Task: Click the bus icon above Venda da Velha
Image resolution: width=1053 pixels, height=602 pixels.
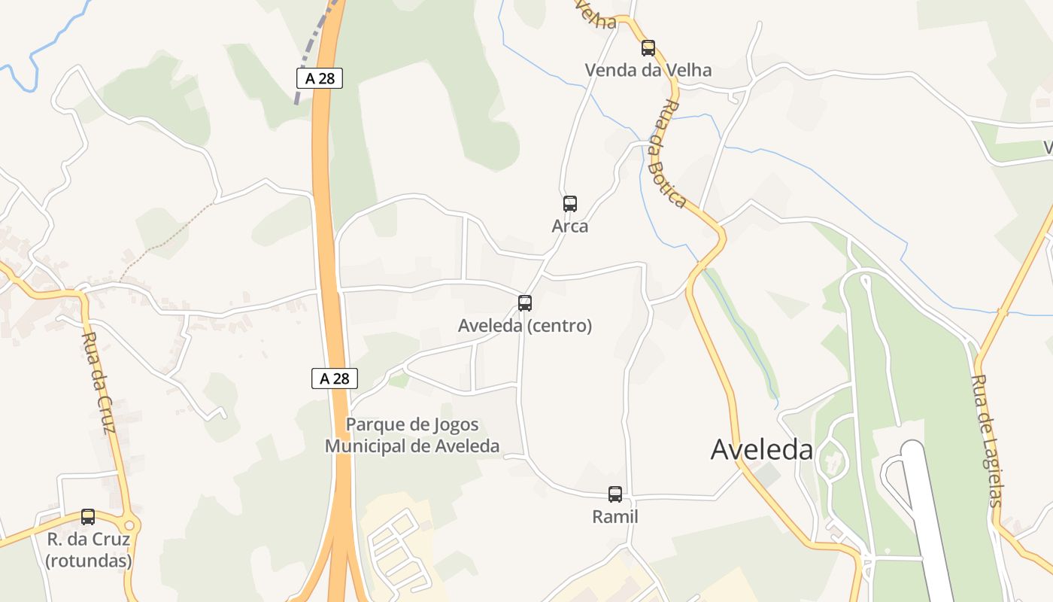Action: pyautogui.click(x=648, y=48)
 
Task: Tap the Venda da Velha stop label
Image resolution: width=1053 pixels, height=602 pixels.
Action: pyautogui.click(x=648, y=71)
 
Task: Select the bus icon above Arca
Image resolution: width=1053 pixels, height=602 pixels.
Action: pyautogui.click(x=570, y=203)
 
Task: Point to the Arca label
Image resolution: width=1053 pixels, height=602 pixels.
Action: pyautogui.click(x=570, y=227)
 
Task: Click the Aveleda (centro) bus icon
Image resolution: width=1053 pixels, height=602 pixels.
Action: pyautogui.click(x=525, y=303)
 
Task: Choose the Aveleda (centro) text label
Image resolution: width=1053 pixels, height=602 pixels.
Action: pyautogui.click(x=525, y=326)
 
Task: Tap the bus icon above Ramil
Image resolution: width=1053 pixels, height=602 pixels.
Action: pyautogui.click(x=615, y=494)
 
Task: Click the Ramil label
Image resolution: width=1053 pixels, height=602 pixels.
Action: pyautogui.click(x=615, y=517)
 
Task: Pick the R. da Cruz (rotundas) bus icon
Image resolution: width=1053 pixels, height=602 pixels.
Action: pyautogui.click(x=88, y=517)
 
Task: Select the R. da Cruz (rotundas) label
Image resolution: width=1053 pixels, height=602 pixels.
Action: pyautogui.click(x=89, y=550)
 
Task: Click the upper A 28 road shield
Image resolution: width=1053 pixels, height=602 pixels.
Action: pyautogui.click(x=320, y=78)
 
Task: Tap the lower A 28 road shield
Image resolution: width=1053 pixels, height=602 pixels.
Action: pyautogui.click(x=335, y=379)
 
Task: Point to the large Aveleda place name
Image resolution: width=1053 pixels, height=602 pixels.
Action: pyautogui.click(x=762, y=450)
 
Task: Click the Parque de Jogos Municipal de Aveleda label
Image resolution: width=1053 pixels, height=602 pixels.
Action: pyautogui.click(x=412, y=436)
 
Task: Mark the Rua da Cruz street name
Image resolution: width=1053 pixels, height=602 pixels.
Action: pyautogui.click(x=99, y=383)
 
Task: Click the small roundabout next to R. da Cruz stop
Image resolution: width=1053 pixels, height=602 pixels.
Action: pyautogui.click(x=129, y=524)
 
